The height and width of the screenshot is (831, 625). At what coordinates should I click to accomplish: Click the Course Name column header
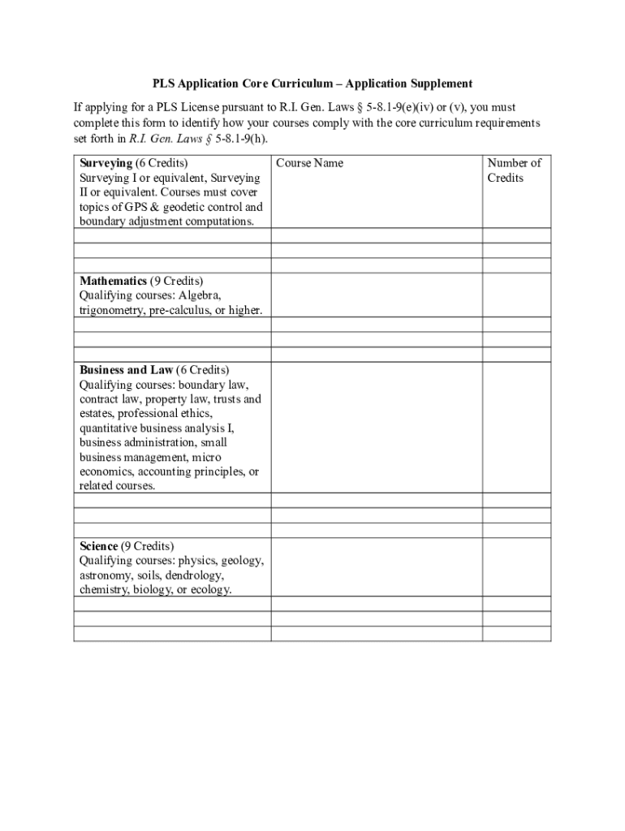[309, 163]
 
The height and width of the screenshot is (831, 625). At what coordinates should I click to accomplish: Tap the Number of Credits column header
[514, 170]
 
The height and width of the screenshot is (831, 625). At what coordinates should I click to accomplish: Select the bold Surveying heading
[106, 163]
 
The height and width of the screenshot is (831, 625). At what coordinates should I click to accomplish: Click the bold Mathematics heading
[113, 281]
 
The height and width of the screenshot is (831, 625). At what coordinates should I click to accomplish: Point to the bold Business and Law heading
[126, 370]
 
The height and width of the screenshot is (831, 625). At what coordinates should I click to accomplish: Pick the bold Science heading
[98, 546]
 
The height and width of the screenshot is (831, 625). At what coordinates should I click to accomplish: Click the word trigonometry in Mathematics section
[112, 311]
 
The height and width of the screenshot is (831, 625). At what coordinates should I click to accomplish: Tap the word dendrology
[195, 575]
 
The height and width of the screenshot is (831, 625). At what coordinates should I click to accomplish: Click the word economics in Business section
[106, 472]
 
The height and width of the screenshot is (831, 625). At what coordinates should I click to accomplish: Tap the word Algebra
[203, 296]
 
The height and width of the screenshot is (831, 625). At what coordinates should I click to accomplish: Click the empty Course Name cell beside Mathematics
[376, 295]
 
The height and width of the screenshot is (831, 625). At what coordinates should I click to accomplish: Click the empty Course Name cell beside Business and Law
[376, 427]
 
